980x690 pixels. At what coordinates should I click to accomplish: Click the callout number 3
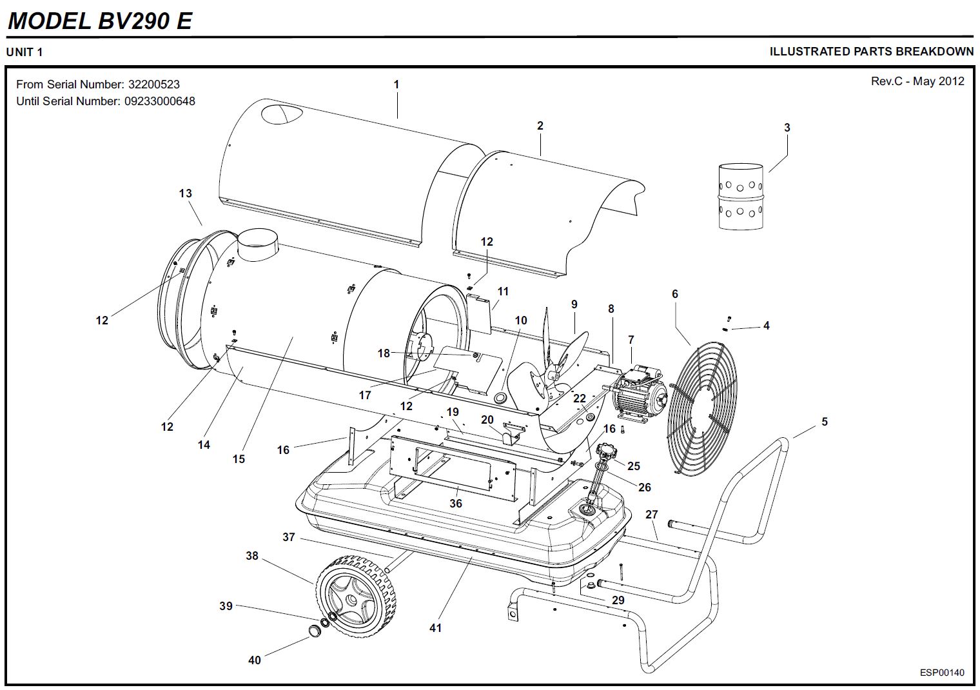pyautogui.click(x=787, y=128)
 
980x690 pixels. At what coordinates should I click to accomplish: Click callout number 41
pyautogui.click(x=436, y=627)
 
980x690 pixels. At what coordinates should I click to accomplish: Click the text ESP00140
pyautogui.click(x=942, y=673)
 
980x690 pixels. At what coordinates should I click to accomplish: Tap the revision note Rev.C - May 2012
pyautogui.click(x=917, y=81)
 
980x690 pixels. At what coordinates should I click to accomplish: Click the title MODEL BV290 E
pyautogui.click(x=100, y=21)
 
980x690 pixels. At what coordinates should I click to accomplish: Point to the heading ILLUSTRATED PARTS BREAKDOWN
pyautogui.click(x=871, y=52)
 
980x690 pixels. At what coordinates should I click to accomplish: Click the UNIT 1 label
pyautogui.click(x=24, y=52)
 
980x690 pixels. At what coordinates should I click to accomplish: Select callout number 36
pyautogui.click(x=456, y=503)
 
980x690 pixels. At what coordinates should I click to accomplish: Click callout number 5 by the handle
pyautogui.click(x=824, y=422)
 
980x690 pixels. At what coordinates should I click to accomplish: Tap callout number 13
pyautogui.click(x=186, y=193)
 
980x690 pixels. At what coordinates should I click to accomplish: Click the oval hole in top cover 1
pyautogui.click(x=281, y=114)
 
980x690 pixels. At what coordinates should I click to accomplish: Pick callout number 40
pyautogui.click(x=255, y=660)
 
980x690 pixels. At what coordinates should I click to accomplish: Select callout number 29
pyautogui.click(x=618, y=600)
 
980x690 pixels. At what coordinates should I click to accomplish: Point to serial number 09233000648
pyautogui.click(x=159, y=101)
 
